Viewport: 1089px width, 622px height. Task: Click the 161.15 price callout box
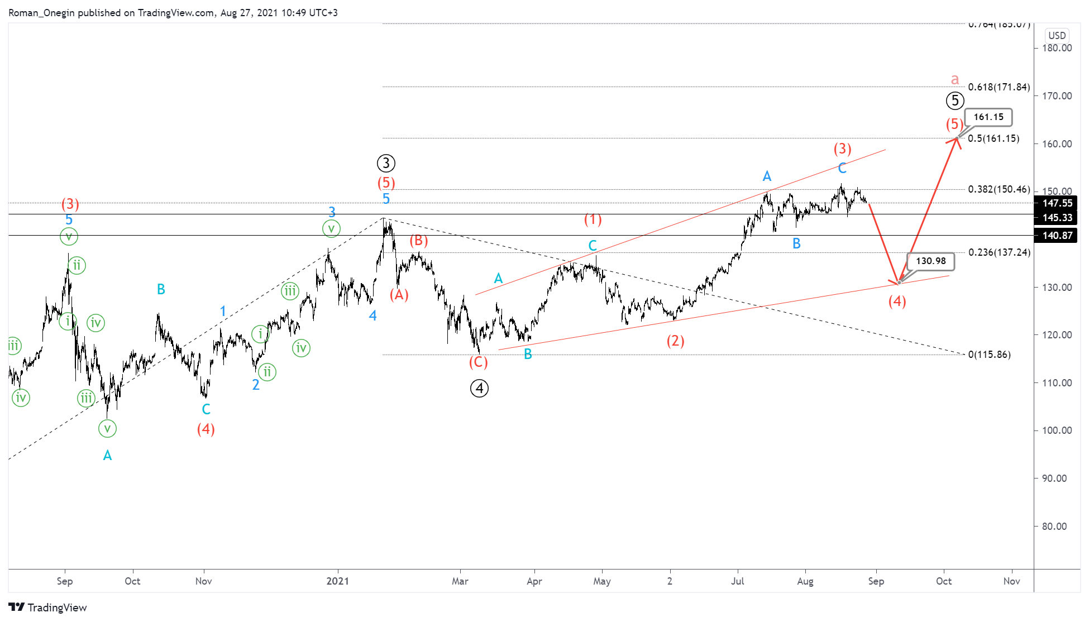pos(988,117)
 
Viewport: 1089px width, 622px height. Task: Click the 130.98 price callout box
pos(930,261)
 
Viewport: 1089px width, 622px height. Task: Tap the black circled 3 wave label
pos(386,163)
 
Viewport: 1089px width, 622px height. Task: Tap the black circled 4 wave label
pos(479,388)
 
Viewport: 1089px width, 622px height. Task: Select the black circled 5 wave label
pos(955,101)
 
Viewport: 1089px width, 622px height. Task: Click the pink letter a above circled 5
pos(955,79)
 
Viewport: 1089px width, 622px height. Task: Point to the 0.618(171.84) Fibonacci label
pos(999,87)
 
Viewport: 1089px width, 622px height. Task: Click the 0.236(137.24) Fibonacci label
pos(999,252)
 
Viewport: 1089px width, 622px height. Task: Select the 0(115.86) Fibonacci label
pos(989,355)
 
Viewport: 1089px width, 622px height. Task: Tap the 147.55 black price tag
pos(1057,203)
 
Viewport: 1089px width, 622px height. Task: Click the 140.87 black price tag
pos(1057,236)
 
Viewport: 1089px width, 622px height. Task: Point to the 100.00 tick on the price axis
pos(1057,430)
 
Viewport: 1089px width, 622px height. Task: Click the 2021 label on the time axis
pos(337,581)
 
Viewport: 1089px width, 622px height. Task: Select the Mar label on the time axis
pos(460,581)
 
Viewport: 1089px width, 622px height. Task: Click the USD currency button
pos(1057,36)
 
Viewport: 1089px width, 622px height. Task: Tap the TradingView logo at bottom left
pos(48,607)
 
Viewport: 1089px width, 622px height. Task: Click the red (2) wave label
pos(675,341)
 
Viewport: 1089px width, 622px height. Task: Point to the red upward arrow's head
pos(956,139)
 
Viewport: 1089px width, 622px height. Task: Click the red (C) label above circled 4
pos(478,362)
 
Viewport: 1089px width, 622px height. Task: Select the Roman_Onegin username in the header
pos(41,13)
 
